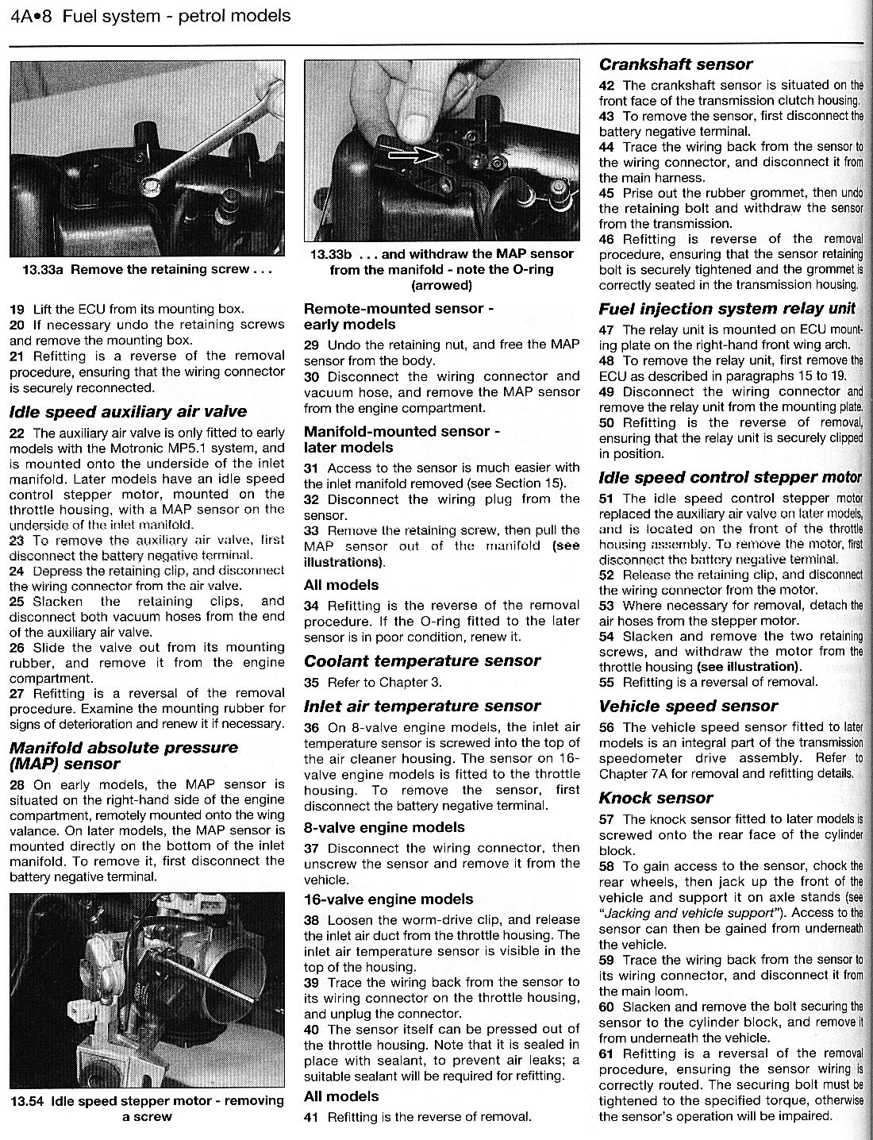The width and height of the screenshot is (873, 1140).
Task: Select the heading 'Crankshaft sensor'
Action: [675, 64]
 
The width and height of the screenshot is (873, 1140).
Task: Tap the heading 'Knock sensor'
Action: [656, 798]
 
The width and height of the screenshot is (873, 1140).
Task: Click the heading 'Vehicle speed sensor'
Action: [688, 706]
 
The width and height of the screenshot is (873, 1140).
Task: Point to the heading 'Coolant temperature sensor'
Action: [422, 661]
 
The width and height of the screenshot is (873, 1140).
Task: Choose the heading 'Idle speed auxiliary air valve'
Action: [128, 411]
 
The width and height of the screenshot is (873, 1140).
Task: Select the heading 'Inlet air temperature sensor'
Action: [422, 706]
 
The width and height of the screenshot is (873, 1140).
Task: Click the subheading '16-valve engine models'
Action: [388, 899]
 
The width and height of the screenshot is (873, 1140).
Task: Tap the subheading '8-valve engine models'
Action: [384, 827]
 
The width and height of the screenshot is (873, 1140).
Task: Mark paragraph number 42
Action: [607, 85]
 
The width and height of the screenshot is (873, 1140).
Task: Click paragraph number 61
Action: [607, 1053]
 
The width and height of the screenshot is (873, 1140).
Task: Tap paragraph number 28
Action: [17, 784]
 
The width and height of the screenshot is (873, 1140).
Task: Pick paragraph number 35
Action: [312, 682]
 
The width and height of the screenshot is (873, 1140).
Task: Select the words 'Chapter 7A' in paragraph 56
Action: [631, 773]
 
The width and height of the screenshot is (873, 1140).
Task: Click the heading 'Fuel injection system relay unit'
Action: [727, 308]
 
